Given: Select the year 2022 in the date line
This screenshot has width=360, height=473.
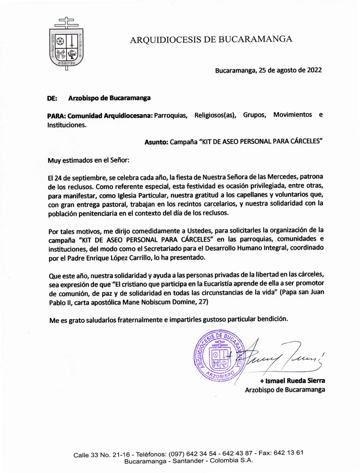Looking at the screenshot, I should point(314,70).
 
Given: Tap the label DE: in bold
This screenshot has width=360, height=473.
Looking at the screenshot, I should point(52,98).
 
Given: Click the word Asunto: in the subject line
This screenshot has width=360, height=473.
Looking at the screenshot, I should point(156,142).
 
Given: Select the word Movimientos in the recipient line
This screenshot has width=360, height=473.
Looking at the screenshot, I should point(292,115).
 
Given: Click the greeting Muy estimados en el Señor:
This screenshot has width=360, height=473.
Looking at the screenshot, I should point(88,160).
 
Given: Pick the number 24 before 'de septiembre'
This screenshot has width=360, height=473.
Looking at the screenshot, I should point(59,178).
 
